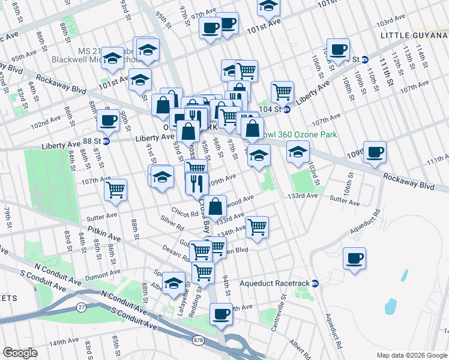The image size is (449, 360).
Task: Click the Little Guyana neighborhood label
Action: point(415,36)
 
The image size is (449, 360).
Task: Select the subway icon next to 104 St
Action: point(287,110)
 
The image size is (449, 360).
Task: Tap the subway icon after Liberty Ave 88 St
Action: point(106,142)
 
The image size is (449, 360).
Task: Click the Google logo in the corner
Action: point(20,353)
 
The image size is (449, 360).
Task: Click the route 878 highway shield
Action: point(198,340)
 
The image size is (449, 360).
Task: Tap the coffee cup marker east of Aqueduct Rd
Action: point(354,259)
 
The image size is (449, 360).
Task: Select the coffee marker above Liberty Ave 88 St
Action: point(108,119)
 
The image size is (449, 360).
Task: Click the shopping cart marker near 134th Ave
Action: point(257,227)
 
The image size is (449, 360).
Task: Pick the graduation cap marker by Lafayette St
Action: point(173,283)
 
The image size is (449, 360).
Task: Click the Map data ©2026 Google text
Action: point(411,355)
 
